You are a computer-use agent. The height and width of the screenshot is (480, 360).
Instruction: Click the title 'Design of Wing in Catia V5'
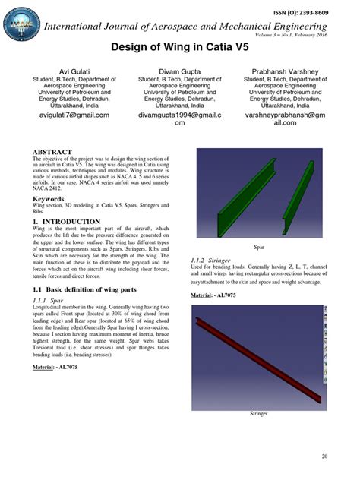point(179,47)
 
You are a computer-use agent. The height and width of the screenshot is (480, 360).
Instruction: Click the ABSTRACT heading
point(52,152)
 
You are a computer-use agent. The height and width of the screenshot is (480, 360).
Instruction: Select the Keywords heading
point(49,198)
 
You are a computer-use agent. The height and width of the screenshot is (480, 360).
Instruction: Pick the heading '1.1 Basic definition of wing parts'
point(84,290)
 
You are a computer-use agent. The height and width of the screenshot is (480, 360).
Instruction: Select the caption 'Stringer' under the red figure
point(260,414)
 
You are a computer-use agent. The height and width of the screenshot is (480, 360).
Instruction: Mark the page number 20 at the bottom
point(324,456)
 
